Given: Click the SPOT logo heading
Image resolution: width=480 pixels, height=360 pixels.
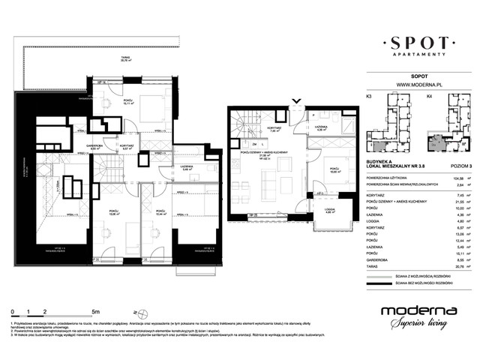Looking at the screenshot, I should tap(415, 40).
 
